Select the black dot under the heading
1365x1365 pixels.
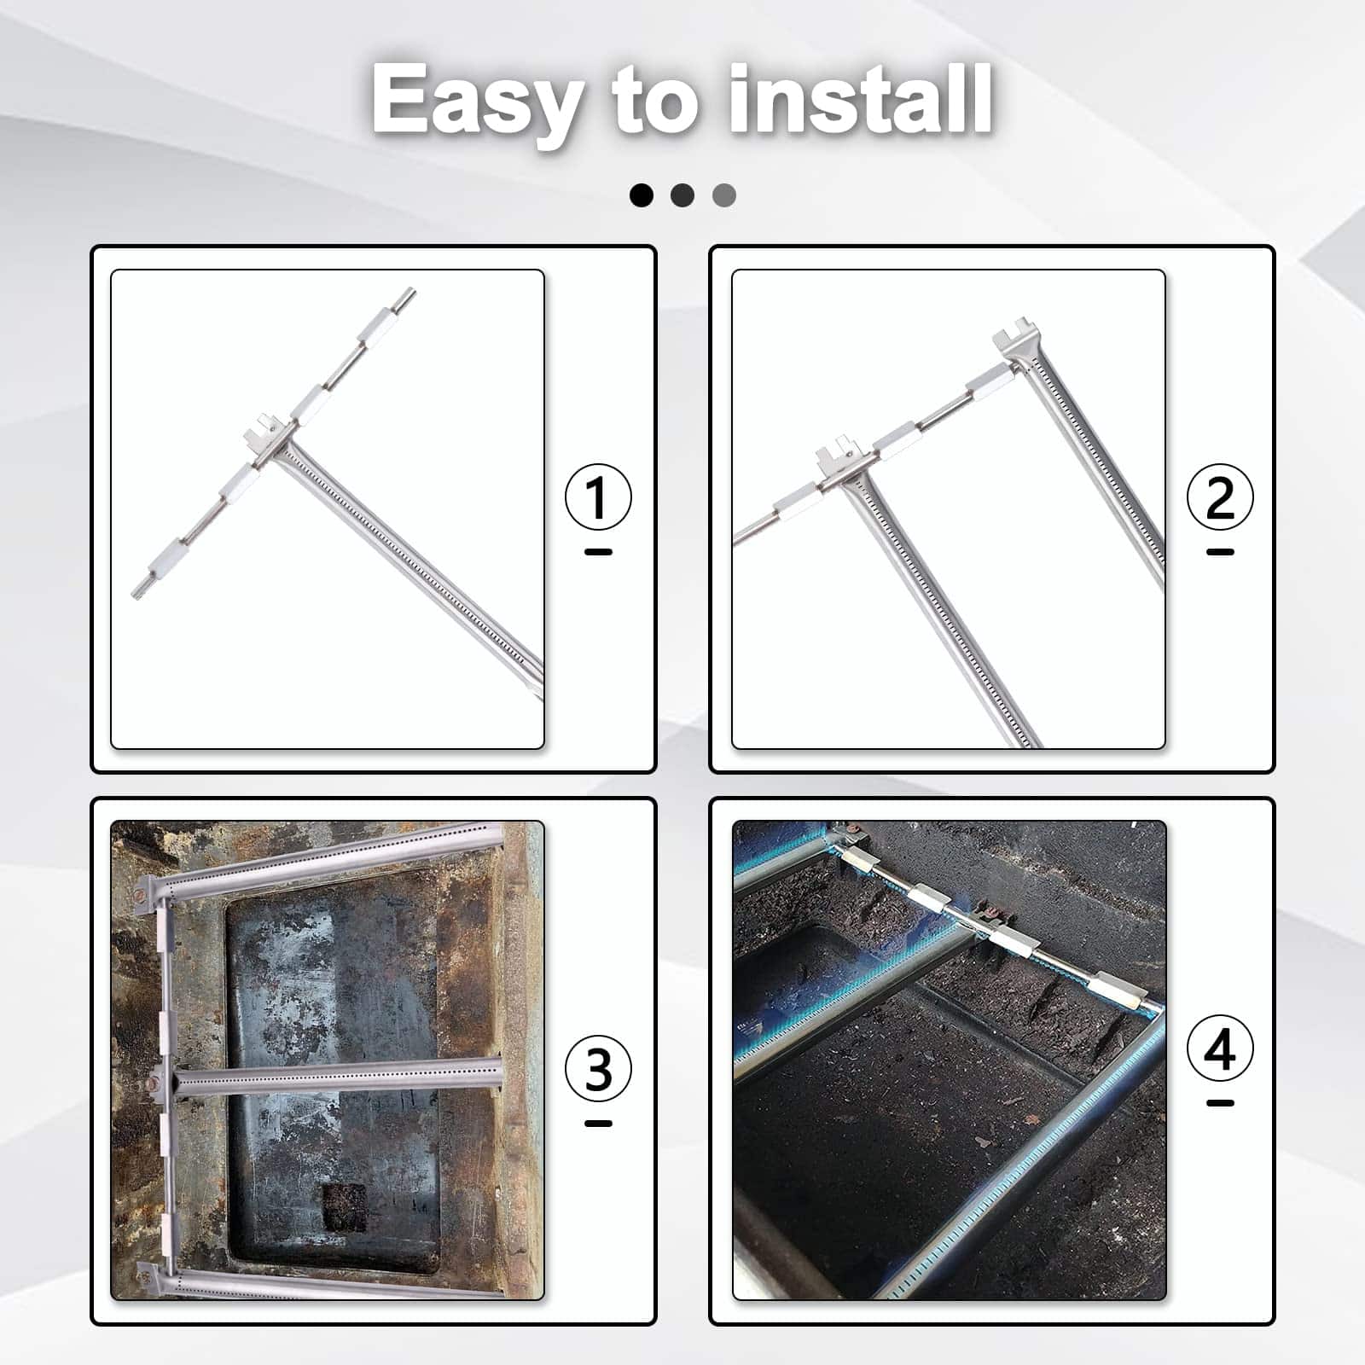642,195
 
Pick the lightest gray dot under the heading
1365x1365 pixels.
723,195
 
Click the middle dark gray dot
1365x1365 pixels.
682,195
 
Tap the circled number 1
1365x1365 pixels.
598,497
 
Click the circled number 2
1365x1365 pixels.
1220,497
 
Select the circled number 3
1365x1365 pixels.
598,1069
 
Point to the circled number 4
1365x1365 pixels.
1220,1048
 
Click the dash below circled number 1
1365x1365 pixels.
598,552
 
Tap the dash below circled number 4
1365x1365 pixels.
1220,1103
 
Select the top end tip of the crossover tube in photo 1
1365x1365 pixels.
411,291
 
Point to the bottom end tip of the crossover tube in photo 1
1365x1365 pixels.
135,593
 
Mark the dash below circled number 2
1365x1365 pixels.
1220,552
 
